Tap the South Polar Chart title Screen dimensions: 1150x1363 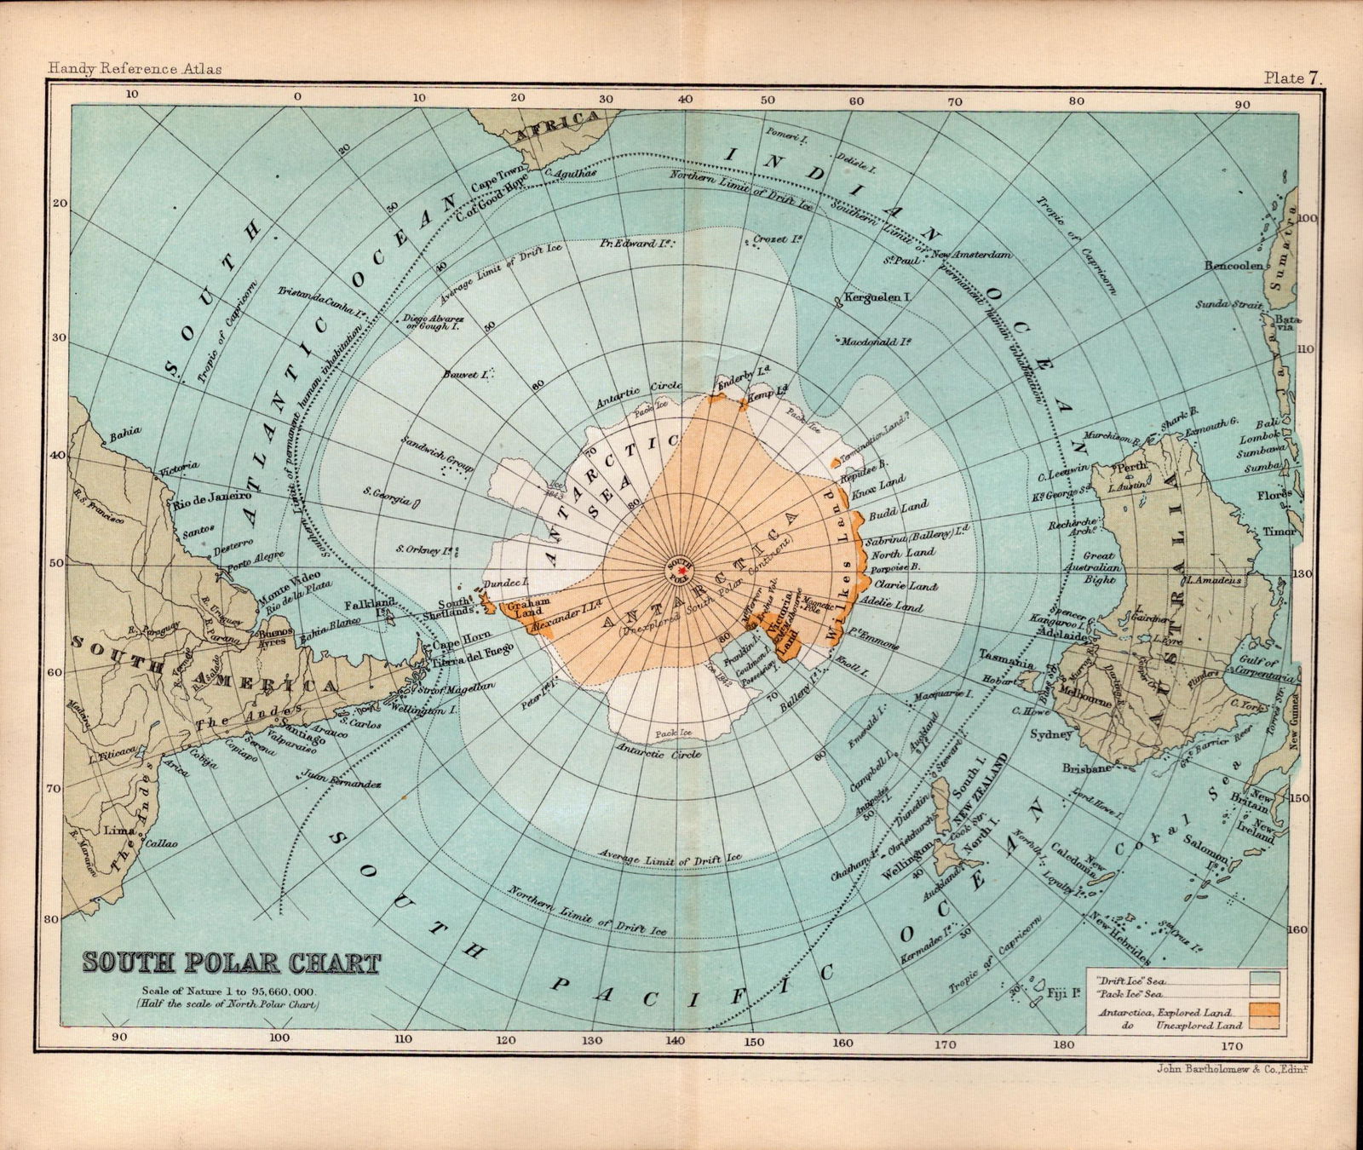point(232,964)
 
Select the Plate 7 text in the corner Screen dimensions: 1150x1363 point(1292,78)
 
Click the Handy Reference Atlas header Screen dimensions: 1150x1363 point(135,68)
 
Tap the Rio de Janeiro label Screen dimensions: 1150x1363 point(212,496)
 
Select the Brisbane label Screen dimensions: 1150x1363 point(1089,768)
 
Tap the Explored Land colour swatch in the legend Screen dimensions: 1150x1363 point(1266,1009)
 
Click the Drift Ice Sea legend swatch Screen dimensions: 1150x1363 point(1266,977)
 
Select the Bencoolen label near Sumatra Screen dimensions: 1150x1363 point(1233,266)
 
